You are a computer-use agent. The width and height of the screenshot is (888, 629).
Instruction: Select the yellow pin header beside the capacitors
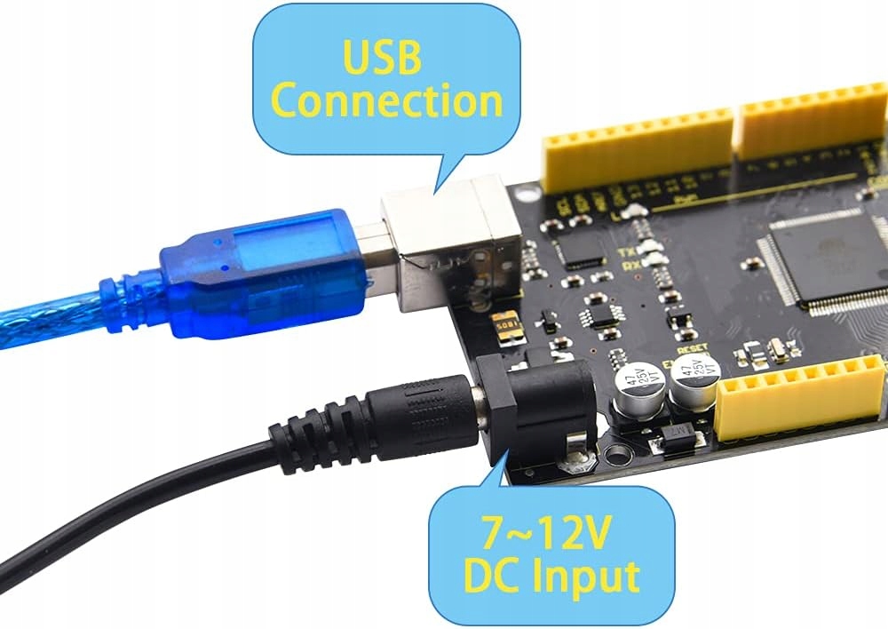click(799, 397)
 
